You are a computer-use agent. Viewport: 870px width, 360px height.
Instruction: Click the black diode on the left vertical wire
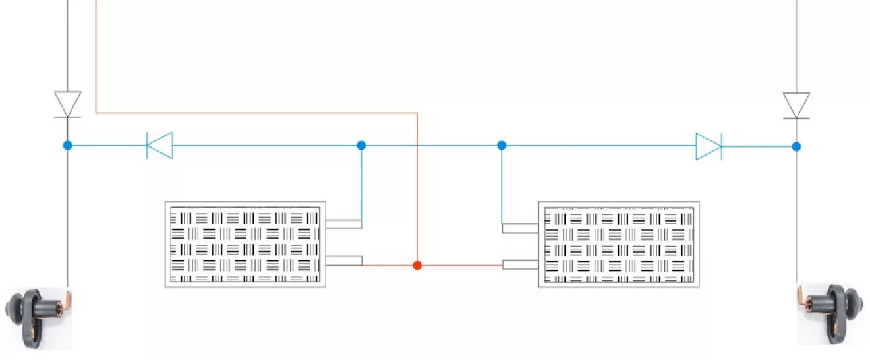tap(67, 104)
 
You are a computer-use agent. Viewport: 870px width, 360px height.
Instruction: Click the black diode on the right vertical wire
tap(796, 105)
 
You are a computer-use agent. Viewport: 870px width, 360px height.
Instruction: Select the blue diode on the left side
tap(159, 145)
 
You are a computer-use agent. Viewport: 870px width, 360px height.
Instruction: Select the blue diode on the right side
tap(709, 146)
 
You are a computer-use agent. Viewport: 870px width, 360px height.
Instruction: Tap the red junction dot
tap(417, 265)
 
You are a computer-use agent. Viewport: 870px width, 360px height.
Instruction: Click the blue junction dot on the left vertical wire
tap(67, 145)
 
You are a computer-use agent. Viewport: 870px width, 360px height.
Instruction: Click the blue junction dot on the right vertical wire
tap(796, 146)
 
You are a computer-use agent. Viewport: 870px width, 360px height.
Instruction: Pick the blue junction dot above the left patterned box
tap(361, 145)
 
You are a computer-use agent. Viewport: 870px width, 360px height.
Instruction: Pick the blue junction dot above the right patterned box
tap(502, 145)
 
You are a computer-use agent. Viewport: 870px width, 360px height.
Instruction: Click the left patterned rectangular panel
tap(245, 245)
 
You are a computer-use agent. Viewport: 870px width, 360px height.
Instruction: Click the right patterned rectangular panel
tap(619, 245)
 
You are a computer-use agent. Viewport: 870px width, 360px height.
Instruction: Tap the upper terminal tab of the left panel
tap(343, 224)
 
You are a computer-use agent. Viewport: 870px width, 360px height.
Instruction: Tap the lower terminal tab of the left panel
tap(343, 260)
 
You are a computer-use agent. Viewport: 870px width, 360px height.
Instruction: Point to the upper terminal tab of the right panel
tap(521, 228)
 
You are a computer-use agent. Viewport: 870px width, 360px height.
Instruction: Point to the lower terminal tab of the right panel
tap(521, 264)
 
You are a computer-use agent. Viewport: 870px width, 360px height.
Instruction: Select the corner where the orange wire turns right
tap(96, 113)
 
